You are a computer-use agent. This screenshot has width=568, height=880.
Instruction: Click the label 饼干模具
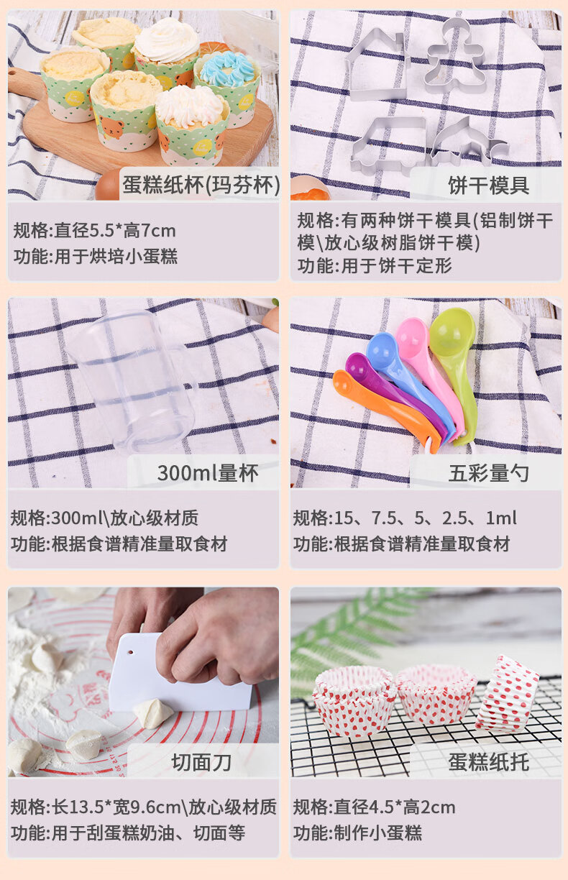tap(488, 185)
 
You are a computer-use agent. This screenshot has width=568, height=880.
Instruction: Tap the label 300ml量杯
tap(208, 473)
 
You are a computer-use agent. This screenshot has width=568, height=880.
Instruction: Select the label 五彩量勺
tap(488, 473)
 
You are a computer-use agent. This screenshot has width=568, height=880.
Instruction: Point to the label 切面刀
tap(201, 763)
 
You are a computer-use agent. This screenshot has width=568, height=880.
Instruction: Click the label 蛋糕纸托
tap(488, 763)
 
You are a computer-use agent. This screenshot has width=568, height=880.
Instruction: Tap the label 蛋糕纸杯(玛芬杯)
tap(201, 185)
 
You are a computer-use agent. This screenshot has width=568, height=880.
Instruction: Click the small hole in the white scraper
tap(130, 653)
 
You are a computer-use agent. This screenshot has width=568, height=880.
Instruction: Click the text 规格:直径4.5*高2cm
tap(375, 807)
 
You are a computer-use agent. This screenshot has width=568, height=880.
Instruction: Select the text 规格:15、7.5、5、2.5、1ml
tap(405, 518)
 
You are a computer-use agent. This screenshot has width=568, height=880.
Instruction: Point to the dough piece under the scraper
tap(153, 713)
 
